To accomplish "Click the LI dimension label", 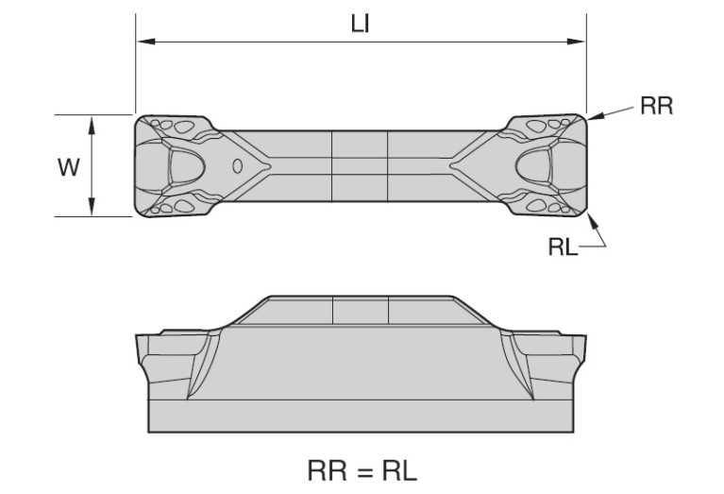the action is pos(361,24).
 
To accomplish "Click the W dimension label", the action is pos(69,167).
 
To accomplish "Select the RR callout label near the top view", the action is pos(657,106).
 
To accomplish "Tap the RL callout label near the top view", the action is pos(563,247).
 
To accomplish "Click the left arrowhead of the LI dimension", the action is pos(146,42).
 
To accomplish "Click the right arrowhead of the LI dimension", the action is pos(576,42).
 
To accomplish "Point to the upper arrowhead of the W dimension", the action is pos(92,125).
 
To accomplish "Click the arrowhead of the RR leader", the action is pos(596,116).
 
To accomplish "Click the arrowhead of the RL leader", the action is pos(594,220).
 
